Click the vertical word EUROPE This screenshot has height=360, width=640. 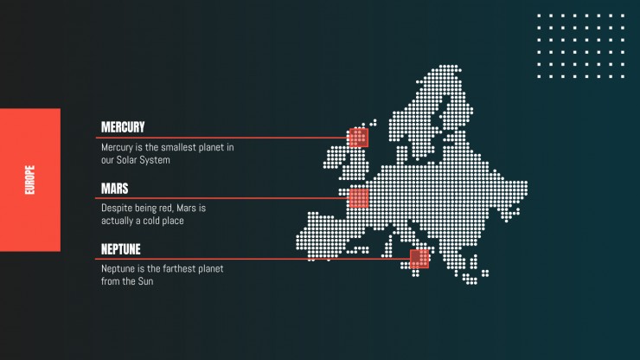click(29, 180)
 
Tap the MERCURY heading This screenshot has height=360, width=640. click(123, 127)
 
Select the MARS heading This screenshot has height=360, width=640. click(115, 189)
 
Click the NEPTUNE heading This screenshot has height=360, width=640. click(121, 249)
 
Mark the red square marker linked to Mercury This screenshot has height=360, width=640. click(359, 138)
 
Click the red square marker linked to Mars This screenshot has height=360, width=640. click(359, 198)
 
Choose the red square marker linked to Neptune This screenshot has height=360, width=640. click(419, 259)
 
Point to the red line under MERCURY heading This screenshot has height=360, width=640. click(222, 138)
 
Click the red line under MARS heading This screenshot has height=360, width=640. click(222, 198)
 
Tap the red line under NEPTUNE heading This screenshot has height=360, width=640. click(253, 259)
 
